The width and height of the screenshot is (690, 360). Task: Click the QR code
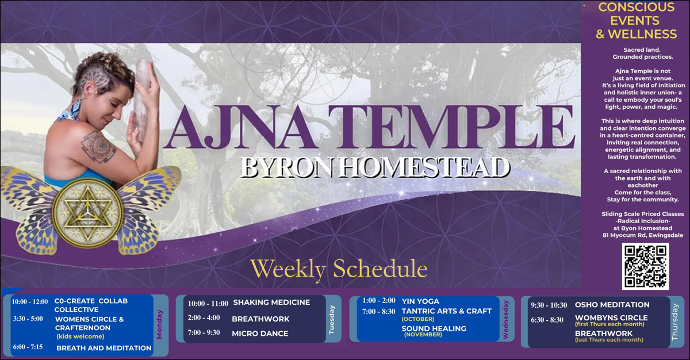coord(645,266)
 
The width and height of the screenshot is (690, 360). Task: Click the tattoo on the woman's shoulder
coord(98,147)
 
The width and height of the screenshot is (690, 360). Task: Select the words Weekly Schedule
coord(339,269)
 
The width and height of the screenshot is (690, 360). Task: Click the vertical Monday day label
coord(159,324)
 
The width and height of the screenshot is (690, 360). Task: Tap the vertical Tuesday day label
coord(331,320)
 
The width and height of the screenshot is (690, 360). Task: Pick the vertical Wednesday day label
coord(505,320)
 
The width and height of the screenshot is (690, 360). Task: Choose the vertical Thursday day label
coord(674,322)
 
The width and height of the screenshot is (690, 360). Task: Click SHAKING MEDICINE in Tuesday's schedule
coord(271,302)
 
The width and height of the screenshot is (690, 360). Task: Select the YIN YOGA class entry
coord(420,301)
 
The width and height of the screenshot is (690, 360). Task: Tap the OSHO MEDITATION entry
coord(612,305)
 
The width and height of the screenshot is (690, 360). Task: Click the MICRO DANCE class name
coord(260,334)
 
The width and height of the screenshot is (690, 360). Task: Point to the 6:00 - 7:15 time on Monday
coord(28,347)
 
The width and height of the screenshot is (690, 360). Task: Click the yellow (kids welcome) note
coord(80,336)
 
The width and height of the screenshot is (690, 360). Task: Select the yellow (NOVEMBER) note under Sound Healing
coord(423,335)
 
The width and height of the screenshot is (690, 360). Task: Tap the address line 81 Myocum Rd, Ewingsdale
coord(643,235)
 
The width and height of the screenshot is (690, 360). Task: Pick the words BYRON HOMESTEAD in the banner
coord(374,167)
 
